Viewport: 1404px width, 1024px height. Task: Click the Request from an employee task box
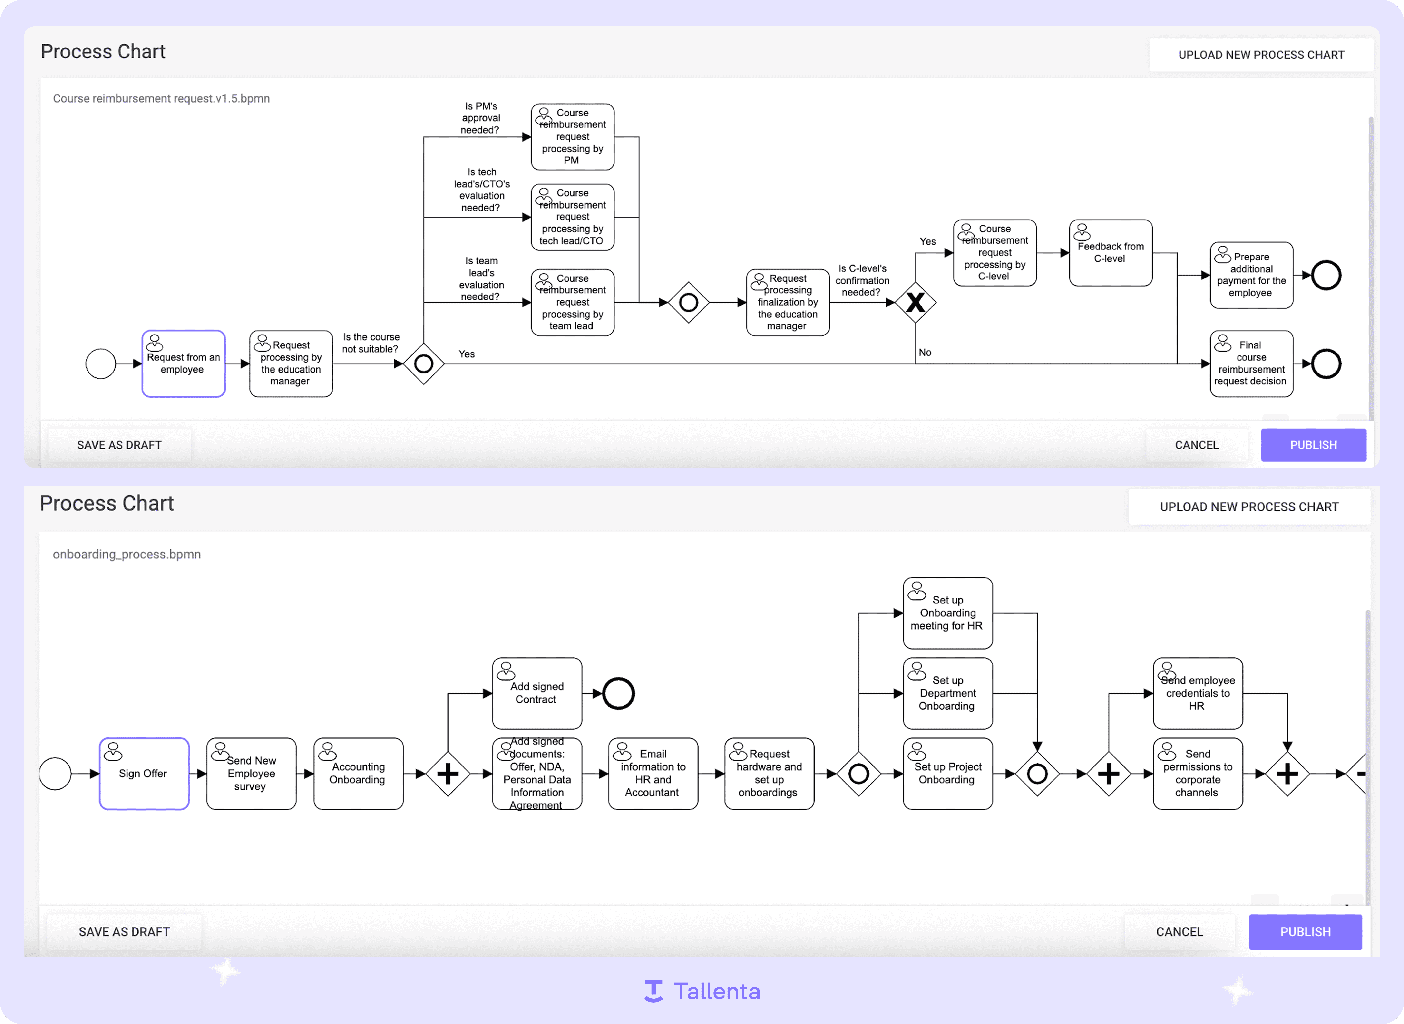click(184, 364)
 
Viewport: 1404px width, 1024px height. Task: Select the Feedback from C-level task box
click(1111, 253)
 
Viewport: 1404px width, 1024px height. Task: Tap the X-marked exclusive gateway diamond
click(915, 303)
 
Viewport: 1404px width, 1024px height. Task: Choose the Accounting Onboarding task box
click(359, 774)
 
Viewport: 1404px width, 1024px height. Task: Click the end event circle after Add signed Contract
click(618, 694)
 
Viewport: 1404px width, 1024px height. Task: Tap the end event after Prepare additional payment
click(1326, 275)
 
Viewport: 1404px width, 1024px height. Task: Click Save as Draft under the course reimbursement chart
click(119, 445)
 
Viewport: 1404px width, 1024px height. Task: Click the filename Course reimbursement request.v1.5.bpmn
click(161, 99)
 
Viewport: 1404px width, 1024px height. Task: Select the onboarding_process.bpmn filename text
click(127, 554)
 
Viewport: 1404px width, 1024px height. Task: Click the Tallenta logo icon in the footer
click(653, 991)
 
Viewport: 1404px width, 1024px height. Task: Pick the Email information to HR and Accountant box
click(653, 774)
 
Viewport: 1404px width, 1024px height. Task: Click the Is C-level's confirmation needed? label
click(862, 280)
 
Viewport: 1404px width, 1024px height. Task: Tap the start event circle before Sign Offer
click(55, 774)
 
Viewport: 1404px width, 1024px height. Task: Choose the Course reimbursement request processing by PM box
click(572, 137)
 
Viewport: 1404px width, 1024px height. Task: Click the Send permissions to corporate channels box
click(1198, 774)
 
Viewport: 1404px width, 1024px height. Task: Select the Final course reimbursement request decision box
click(1251, 364)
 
